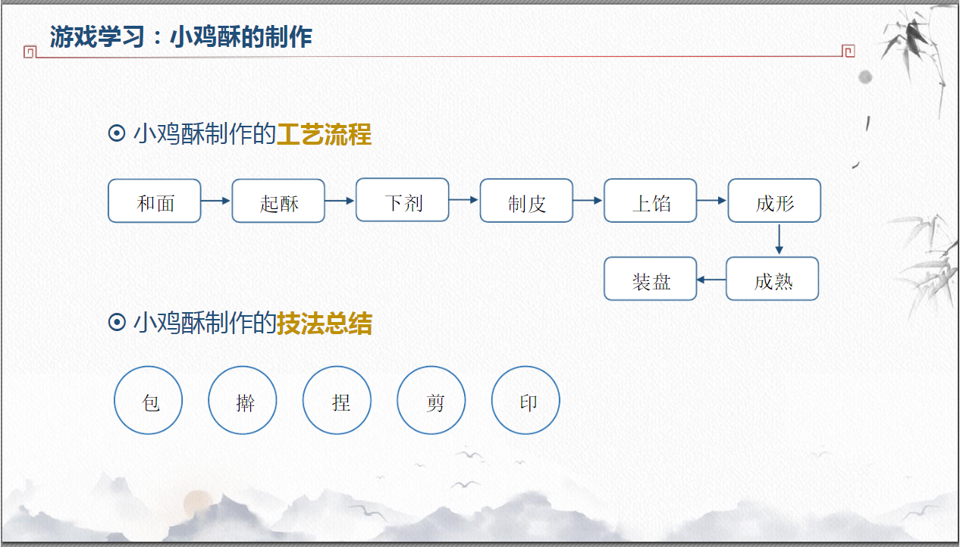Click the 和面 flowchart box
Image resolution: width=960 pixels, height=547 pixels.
(x=155, y=201)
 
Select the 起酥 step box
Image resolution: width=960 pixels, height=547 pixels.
(x=278, y=201)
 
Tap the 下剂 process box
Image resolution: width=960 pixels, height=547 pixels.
(x=403, y=200)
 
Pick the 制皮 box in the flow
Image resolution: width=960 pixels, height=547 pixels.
(x=526, y=201)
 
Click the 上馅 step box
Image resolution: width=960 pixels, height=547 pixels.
(x=651, y=201)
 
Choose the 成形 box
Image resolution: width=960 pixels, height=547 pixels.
(x=774, y=201)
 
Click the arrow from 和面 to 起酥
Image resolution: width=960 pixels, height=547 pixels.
(x=216, y=201)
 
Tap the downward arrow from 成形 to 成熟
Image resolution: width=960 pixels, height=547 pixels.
(x=779, y=239)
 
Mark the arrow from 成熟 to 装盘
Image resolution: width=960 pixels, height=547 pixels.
(x=711, y=280)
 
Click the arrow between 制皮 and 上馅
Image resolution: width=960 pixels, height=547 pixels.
(x=588, y=201)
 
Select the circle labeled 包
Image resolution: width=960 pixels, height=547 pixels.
(x=149, y=400)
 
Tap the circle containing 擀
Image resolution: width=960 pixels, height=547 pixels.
(x=243, y=400)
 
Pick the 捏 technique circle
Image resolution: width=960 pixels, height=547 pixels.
(x=337, y=400)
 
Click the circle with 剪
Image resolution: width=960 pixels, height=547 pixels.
(x=431, y=400)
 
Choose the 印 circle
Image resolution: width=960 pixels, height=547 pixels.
(x=526, y=400)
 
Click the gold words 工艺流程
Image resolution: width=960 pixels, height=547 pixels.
(x=324, y=134)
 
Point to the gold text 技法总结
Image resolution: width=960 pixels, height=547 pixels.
(x=324, y=324)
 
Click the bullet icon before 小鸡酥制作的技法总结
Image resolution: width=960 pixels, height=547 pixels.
(x=117, y=324)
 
